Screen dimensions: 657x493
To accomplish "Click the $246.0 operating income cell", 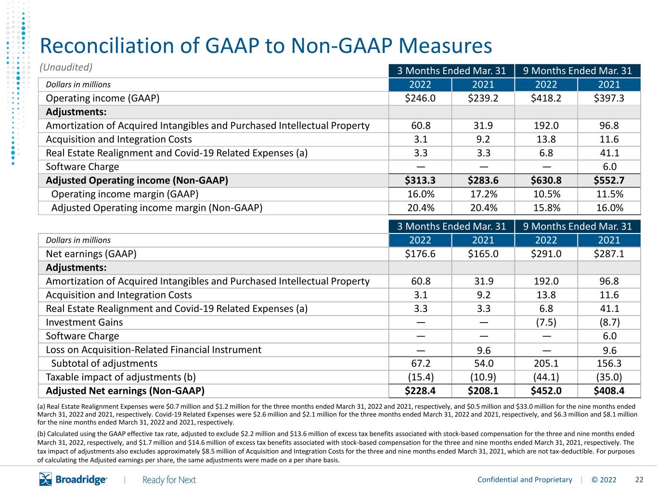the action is pos(420,98).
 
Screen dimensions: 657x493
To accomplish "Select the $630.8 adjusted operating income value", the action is pos(546,180).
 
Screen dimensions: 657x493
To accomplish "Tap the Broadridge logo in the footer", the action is pos(73,479).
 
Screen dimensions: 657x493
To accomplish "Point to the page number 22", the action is pos(639,480).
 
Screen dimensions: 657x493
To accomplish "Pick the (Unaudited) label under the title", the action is pos(66,67).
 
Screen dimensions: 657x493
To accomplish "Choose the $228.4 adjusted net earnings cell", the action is pos(420,390).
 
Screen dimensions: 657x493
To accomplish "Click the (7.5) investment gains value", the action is pos(546,323).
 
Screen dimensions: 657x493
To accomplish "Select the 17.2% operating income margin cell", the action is pos(483,194).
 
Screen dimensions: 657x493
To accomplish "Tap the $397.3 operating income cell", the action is pos(609,98).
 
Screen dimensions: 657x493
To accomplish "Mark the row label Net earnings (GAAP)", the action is pos(91,254).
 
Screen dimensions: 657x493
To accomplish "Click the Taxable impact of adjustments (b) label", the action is pos(121,377).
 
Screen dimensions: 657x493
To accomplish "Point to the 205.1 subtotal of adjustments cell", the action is pos(546,363).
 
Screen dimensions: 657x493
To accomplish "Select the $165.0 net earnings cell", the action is pos(483,254).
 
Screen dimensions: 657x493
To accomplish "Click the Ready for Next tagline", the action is pos(169,480).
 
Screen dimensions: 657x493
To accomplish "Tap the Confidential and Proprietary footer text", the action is pos(525,480).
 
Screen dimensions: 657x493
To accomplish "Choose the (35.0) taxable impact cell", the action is pos(609,377).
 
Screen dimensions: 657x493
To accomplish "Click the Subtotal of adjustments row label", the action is pos(104,363).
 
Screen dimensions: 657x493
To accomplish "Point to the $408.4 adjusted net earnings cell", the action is pos(609,390).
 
